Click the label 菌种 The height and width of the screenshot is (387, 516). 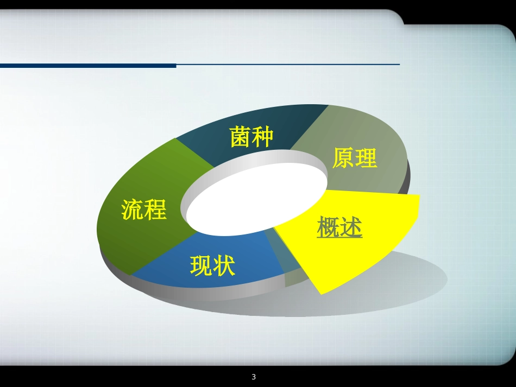251,137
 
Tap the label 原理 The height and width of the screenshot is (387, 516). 354,158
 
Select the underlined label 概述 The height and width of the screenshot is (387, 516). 339,227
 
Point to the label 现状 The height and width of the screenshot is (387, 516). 212,265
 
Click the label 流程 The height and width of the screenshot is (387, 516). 143,210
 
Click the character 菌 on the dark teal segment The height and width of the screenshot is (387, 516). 240,137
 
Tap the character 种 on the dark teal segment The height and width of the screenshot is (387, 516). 262,137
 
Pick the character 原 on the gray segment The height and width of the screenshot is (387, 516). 343,158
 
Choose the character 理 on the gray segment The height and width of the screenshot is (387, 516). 366,158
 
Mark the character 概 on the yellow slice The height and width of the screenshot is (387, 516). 328,227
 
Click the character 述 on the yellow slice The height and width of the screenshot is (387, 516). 351,227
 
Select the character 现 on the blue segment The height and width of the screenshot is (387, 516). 201,265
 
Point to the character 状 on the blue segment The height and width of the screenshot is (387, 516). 224,265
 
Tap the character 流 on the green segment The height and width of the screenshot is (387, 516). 132,210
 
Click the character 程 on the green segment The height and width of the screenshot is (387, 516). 155,210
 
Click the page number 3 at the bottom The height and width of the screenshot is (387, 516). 254,377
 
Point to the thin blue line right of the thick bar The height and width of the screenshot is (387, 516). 288,65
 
